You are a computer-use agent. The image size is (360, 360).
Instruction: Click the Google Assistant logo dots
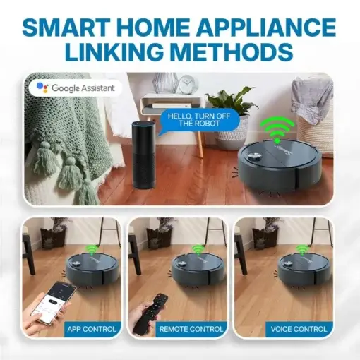tap(42, 88)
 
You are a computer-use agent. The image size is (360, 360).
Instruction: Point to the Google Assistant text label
tap(83, 88)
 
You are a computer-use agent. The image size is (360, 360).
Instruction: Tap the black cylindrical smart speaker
tap(143, 155)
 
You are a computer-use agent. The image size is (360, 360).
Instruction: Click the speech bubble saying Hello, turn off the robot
tap(199, 120)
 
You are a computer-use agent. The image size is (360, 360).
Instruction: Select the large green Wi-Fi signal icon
tap(277, 131)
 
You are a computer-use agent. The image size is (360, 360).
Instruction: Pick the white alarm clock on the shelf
tap(188, 84)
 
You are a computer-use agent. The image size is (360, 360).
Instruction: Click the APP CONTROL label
tap(92, 329)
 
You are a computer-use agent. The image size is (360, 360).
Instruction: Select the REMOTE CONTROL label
tap(191, 329)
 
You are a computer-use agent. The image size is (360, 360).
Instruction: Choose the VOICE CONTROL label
tap(299, 329)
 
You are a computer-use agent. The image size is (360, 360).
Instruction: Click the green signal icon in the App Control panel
tap(91, 249)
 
